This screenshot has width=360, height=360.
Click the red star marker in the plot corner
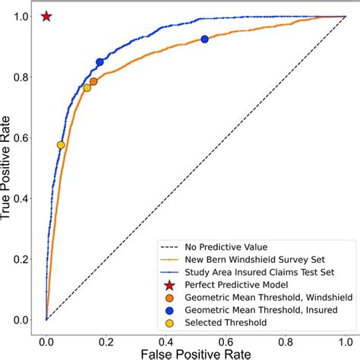click(x=46, y=16)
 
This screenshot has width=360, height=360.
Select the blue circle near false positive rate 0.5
click(x=204, y=39)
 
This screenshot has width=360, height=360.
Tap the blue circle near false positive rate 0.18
click(x=99, y=62)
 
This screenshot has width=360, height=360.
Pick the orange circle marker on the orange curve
click(x=93, y=81)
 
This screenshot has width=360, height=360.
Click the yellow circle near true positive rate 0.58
click(x=61, y=145)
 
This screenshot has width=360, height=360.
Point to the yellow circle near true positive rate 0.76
click(x=87, y=88)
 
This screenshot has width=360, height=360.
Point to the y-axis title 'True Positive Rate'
click(x=9, y=167)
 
